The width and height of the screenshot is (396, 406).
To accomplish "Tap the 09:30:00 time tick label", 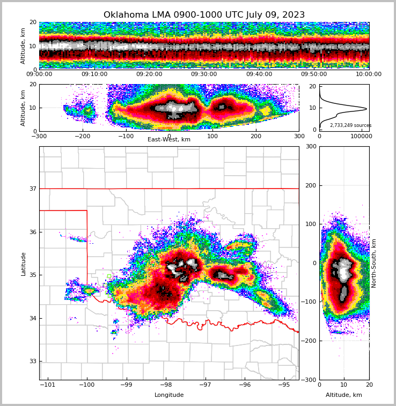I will click(x=204, y=74).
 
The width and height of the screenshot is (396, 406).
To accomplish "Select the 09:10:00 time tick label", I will click(x=94, y=74).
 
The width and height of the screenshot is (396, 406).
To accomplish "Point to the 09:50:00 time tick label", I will click(x=314, y=74).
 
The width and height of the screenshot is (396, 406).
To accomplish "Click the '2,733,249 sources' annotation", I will click(x=350, y=125).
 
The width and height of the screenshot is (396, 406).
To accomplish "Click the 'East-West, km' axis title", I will click(x=169, y=140).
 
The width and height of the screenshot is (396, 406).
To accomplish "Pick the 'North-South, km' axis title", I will click(x=374, y=263).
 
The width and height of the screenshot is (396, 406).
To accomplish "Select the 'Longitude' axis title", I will click(x=169, y=395).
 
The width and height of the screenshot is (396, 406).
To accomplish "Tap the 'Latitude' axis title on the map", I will click(x=24, y=264).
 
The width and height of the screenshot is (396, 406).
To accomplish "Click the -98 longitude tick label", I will click(x=165, y=385).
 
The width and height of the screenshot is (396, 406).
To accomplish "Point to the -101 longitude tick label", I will click(x=48, y=385).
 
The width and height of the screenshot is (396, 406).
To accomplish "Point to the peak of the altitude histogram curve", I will click(x=366, y=109).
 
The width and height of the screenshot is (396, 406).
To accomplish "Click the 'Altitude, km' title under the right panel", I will click(x=344, y=395).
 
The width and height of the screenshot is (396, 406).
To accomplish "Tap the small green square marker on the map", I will click(x=109, y=276).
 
